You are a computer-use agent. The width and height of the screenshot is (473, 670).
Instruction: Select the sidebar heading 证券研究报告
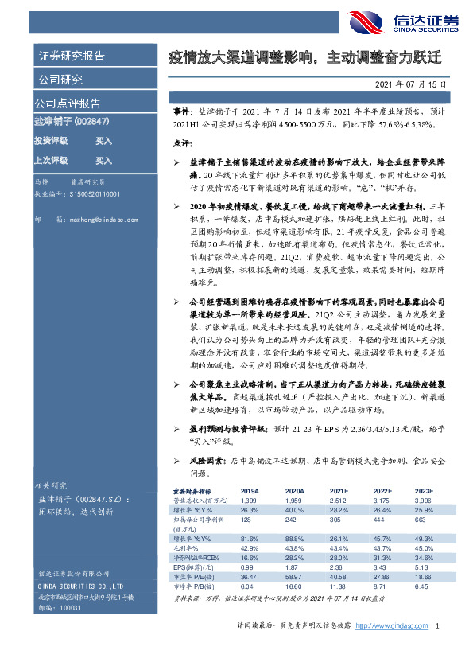[x=72, y=56]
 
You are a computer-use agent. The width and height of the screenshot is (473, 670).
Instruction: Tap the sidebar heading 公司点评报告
[x=68, y=103]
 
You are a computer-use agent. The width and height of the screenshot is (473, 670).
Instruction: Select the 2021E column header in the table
[x=339, y=491]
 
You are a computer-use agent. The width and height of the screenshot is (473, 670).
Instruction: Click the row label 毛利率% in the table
[x=188, y=548]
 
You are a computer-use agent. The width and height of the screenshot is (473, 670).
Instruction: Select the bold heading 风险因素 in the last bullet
[x=204, y=460]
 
